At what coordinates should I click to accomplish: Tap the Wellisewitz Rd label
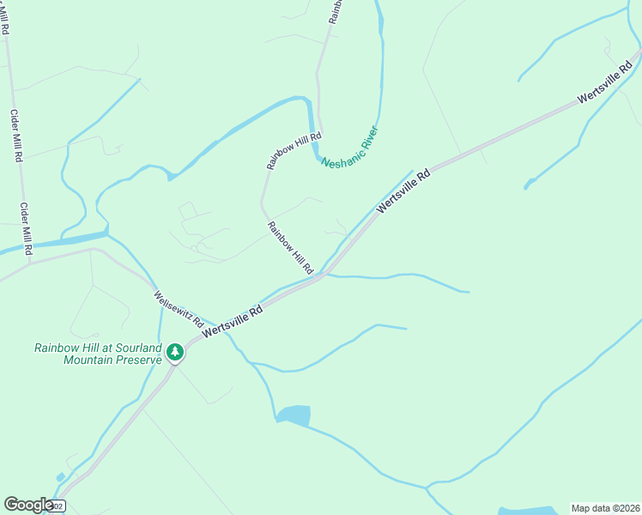(x=178, y=310)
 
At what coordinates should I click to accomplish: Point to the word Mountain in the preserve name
(x=88, y=360)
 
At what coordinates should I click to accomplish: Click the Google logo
(x=28, y=505)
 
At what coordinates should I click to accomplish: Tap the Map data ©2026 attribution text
(x=605, y=507)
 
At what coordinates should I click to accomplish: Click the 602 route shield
(x=57, y=507)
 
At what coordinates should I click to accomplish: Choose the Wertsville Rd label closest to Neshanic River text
(x=403, y=191)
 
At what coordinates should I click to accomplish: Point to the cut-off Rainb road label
(x=336, y=10)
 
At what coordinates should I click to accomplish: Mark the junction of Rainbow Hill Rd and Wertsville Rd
(x=322, y=275)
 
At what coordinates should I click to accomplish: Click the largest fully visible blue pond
(x=294, y=415)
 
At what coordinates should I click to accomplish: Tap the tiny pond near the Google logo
(x=59, y=477)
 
